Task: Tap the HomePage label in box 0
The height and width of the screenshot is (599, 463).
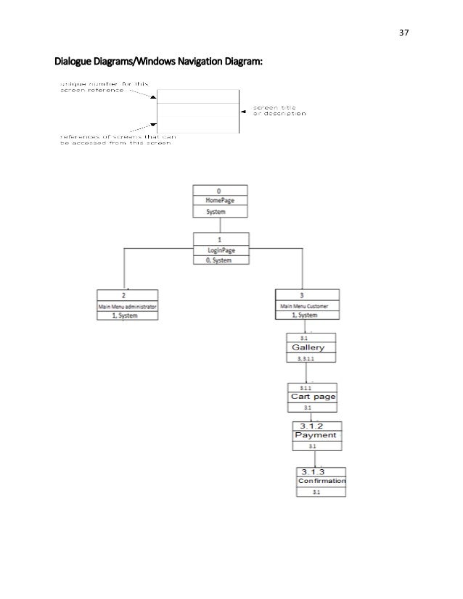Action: tap(219, 200)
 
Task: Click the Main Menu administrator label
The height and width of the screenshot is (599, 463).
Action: tap(128, 307)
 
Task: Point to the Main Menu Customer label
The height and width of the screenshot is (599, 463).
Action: tap(306, 307)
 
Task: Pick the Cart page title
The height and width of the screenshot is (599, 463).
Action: tap(313, 397)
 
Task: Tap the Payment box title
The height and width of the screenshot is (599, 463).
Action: tap(316, 435)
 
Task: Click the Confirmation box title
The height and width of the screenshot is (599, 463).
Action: tap(321, 481)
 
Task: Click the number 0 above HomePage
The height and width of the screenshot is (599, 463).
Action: tap(219, 190)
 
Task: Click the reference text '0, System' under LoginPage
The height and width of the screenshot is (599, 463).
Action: tap(219, 260)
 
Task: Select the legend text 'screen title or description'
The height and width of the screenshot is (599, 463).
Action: tap(279, 111)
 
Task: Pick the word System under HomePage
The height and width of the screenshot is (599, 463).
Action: tap(216, 212)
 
